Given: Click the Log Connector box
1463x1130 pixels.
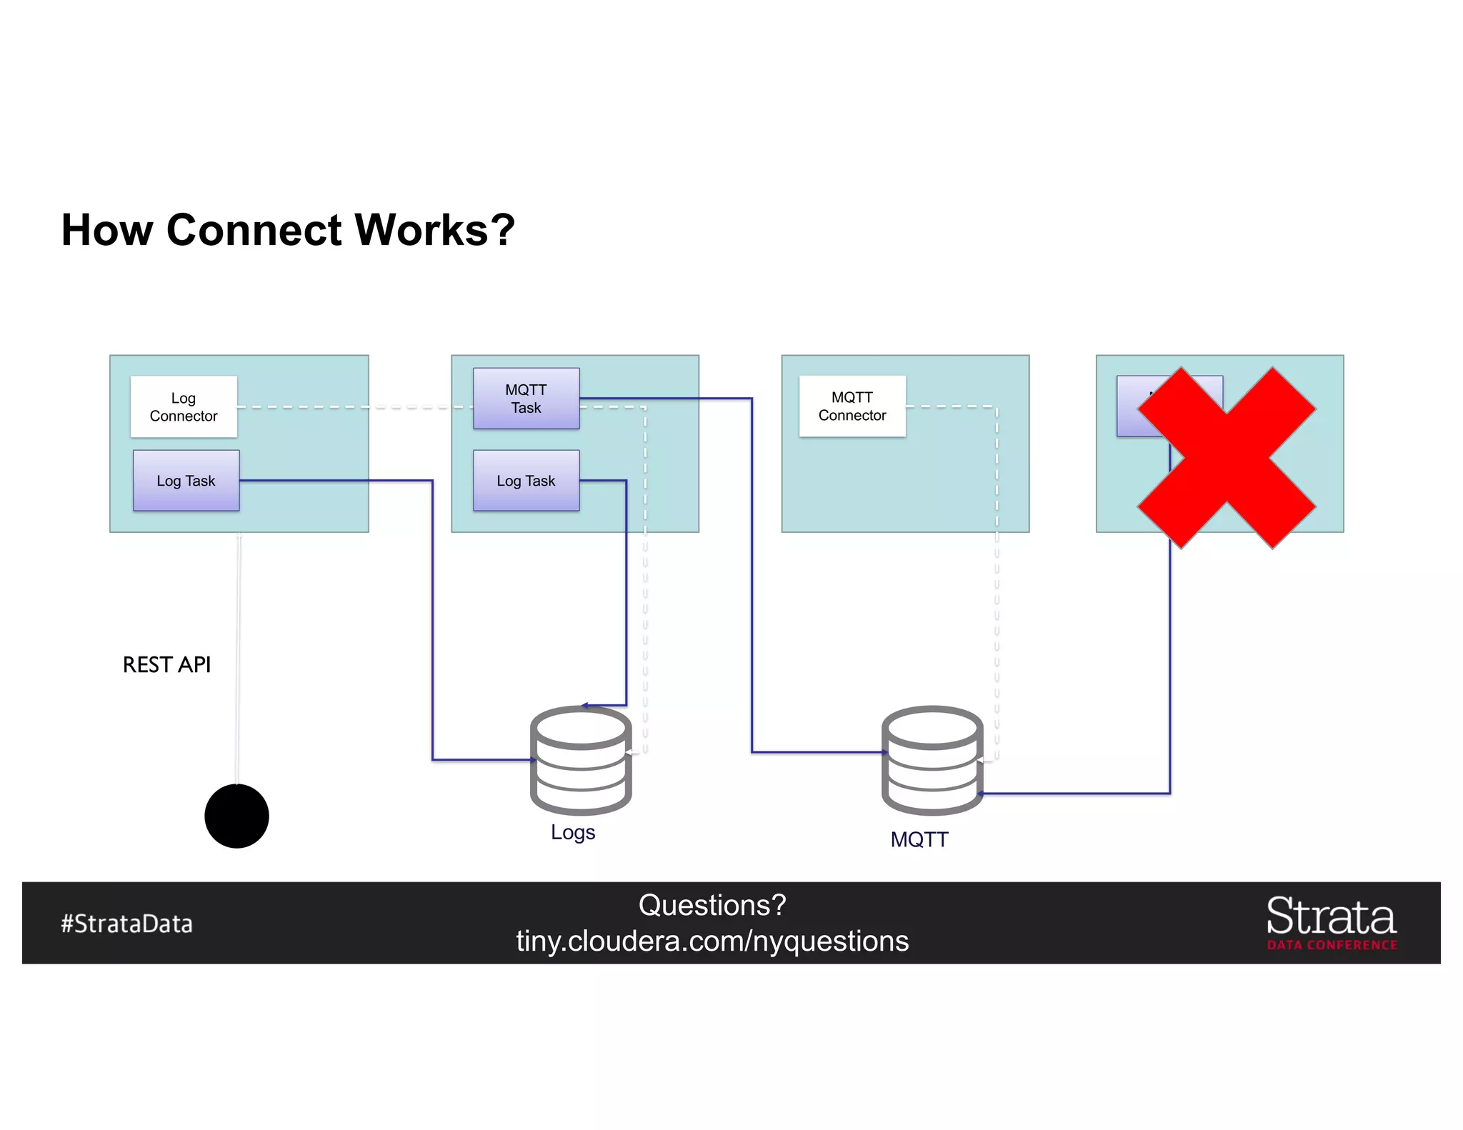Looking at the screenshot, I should [184, 406].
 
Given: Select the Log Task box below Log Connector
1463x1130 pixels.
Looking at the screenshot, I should [186, 481].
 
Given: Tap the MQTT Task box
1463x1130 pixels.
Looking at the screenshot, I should [526, 399].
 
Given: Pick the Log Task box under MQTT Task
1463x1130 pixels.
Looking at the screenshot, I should [526, 481].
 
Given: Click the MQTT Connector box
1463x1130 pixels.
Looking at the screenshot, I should [852, 406].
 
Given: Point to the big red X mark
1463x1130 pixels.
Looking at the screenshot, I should [1227, 458].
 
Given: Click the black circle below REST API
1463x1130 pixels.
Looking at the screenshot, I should [236, 816].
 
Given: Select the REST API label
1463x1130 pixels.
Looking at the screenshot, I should [166, 664].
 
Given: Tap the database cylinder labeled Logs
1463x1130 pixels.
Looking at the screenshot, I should [581, 760].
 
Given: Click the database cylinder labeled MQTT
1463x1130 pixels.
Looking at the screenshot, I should [932, 760].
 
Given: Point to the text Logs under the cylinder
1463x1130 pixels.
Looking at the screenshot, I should [573, 832].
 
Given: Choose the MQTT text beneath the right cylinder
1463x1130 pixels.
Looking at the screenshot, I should [919, 839].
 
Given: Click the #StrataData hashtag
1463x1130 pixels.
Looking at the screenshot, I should [126, 924].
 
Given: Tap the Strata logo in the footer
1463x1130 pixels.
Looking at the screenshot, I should [1331, 916].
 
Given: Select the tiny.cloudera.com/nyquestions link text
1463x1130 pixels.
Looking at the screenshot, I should [712, 941].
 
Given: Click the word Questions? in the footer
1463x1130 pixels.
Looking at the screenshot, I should [712, 905].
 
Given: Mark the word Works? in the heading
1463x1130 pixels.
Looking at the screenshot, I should [435, 230].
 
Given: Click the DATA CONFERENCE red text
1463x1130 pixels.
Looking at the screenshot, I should [1332, 945].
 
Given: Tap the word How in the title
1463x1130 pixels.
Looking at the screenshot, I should [107, 230].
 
